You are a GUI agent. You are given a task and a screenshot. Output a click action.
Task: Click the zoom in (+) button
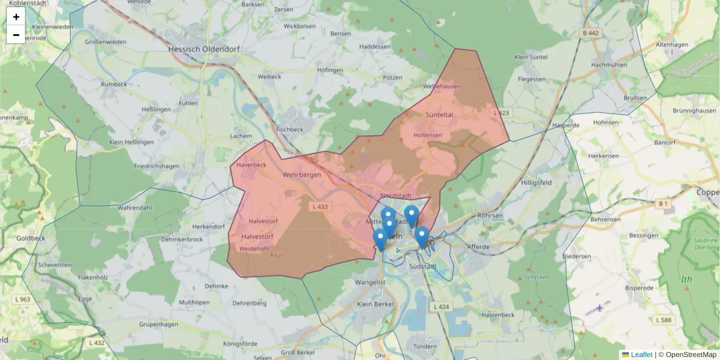click(16, 17)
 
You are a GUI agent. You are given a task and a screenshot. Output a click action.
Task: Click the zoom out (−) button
click(16, 35)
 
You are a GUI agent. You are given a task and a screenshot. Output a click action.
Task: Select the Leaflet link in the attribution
click(641, 355)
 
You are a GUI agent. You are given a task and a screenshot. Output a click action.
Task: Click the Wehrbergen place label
click(302, 175)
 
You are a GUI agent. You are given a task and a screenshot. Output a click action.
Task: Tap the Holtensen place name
click(428, 135)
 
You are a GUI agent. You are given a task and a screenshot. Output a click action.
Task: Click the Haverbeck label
click(251, 164)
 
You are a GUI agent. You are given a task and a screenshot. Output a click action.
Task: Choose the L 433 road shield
click(321, 206)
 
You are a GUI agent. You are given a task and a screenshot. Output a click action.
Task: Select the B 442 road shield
click(590, 34)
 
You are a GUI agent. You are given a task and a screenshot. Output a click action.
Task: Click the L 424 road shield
click(440, 307)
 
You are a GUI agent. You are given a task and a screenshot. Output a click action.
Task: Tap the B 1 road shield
click(663, 204)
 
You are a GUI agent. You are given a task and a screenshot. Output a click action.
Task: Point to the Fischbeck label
click(290, 129)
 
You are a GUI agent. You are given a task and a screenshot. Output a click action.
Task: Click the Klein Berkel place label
click(375, 304)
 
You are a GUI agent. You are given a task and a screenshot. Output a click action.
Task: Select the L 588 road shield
click(664, 320)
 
